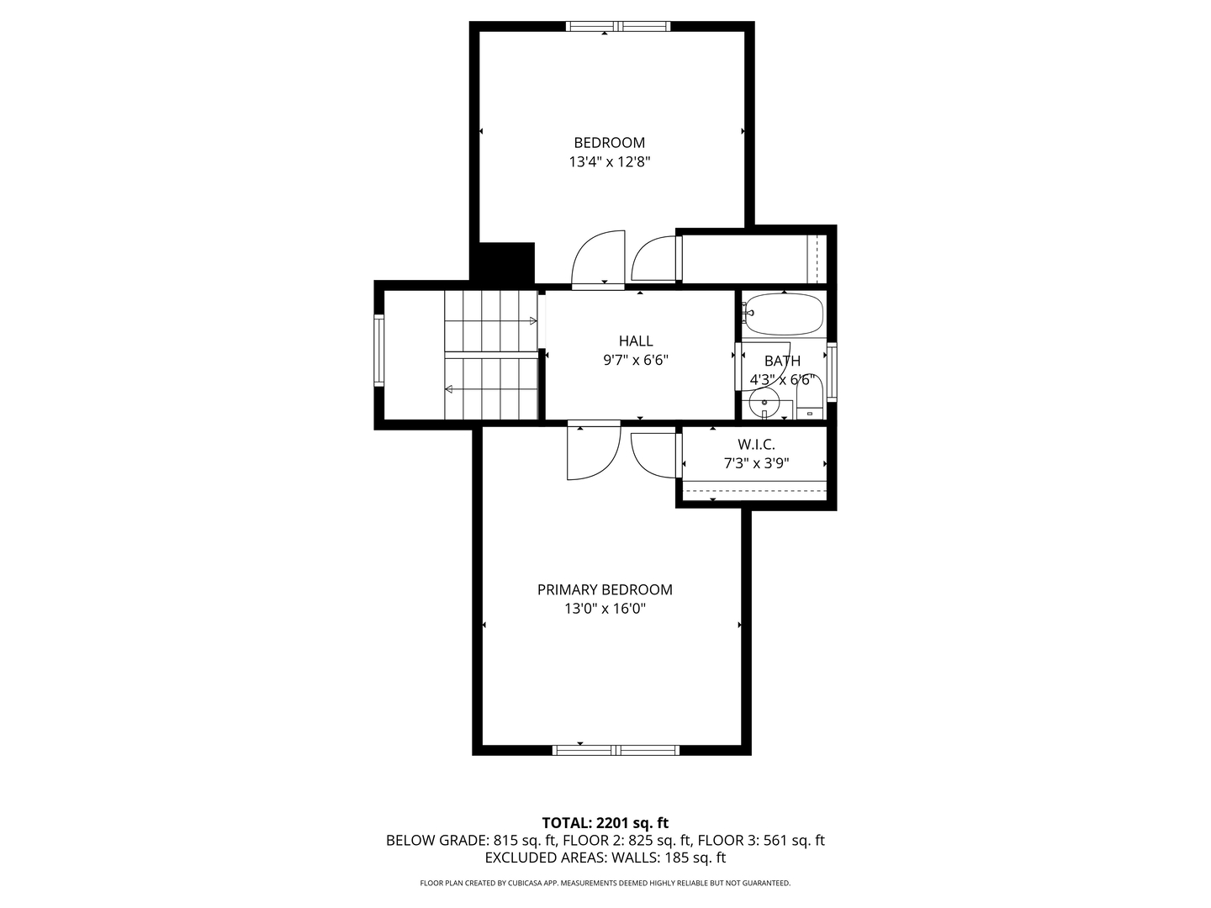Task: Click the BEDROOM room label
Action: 609,143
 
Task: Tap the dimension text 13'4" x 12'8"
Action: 609,162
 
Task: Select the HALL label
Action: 636,340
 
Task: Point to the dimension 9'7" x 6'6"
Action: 636,361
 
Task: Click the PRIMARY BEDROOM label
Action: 605,589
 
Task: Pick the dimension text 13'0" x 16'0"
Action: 605,609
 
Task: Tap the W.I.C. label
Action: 756,444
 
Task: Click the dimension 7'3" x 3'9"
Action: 756,463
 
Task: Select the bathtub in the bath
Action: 784,314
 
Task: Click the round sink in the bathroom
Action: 765,404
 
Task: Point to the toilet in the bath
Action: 809,399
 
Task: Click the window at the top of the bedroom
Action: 618,26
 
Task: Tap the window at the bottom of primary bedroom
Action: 616,750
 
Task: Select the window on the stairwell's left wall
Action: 379,350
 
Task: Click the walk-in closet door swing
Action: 653,454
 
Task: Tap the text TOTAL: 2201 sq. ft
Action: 605,823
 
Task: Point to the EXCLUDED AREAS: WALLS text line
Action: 605,858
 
